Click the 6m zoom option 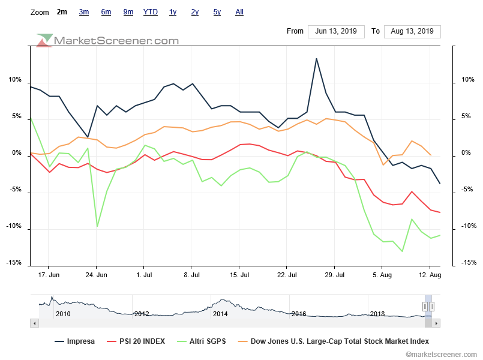pos(106,12)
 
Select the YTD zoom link pos(151,12)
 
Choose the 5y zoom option pos(217,12)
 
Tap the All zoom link pos(239,12)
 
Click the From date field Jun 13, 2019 pos(335,31)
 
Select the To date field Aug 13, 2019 pos(412,31)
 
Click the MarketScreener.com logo pos(108,41)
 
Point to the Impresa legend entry pos(74,341)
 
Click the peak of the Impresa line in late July pos(316,59)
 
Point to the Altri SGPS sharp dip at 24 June pos(97,226)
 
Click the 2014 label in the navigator pos(220,314)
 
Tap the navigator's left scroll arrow pos(34,323)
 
